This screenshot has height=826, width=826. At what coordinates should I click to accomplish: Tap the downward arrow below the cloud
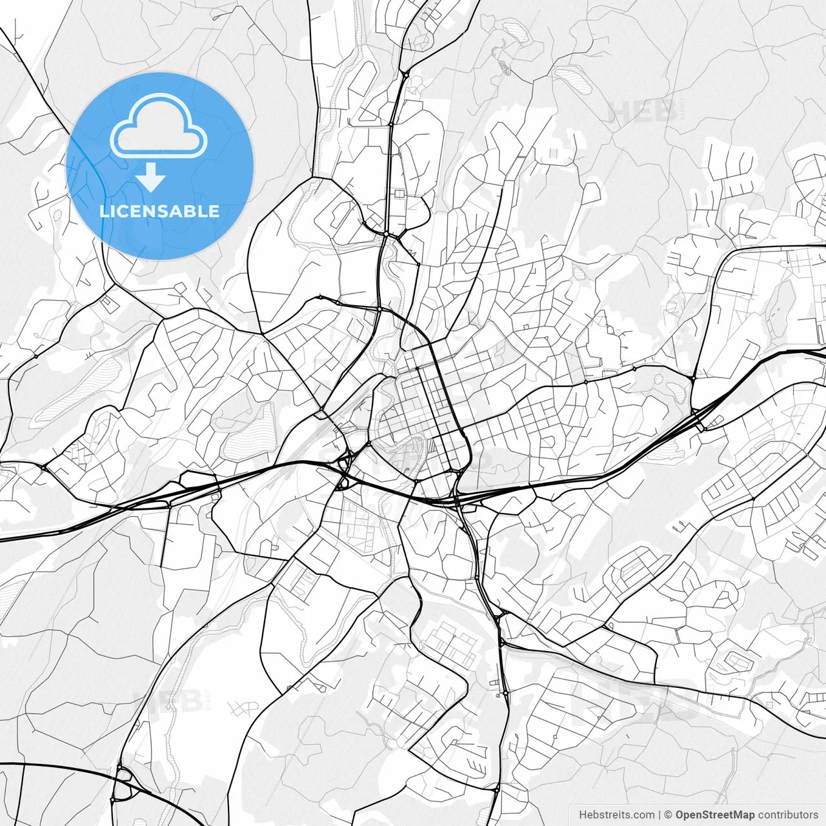[151, 177]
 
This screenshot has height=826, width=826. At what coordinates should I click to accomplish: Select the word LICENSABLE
[159, 212]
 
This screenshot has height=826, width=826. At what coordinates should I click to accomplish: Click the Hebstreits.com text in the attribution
[616, 815]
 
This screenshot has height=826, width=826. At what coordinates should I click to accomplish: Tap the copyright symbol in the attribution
[669, 815]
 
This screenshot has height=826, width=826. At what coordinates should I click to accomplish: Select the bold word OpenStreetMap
[715, 815]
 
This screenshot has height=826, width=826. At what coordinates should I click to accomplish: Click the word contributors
[788, 815]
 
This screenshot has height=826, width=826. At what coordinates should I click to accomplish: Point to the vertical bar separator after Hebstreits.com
[660, 815]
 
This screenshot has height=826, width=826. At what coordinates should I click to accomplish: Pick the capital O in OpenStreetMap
[680, 815]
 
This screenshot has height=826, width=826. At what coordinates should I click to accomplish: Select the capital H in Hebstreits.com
[583, 815]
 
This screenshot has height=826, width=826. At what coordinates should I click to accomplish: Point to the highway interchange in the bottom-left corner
[123, 784]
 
